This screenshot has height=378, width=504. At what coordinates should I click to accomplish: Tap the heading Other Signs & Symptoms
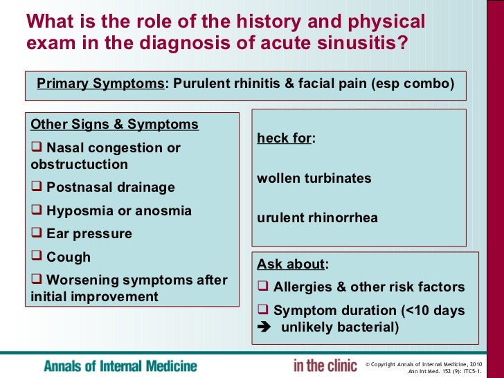pos(115,125)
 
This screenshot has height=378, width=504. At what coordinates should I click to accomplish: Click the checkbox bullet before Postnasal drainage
pos(37,188)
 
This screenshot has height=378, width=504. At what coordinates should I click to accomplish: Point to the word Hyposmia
pos(75,210)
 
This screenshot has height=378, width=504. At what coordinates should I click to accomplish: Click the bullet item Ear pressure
pos(89,233)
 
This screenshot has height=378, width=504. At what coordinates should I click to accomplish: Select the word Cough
pos(69,257)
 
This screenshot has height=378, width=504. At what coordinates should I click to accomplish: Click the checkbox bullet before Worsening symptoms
pos(37,280)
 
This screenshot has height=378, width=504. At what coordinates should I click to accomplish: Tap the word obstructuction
pos(80,165)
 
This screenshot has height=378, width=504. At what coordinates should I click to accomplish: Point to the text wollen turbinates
pos(314,178)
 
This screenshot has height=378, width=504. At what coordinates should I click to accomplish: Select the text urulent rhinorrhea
pos(318,218)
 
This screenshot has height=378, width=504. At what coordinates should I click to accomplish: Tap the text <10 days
pos(440,311)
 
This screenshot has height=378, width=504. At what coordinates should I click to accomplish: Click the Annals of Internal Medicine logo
pos(120,366)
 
